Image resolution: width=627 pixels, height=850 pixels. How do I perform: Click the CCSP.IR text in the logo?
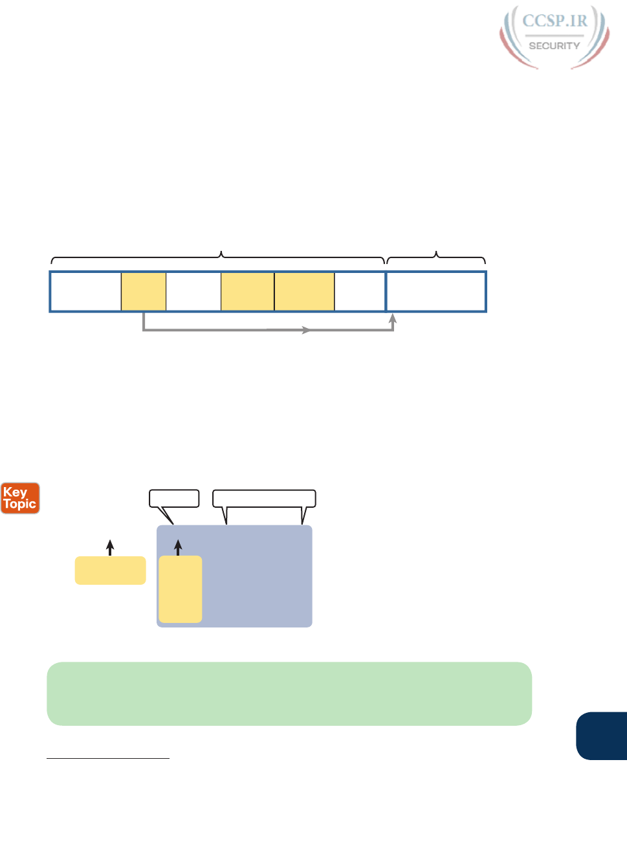[555, 21]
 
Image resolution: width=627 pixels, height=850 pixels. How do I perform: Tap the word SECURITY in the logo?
[555, 46]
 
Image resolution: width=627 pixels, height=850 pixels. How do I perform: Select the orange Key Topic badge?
[20, 498]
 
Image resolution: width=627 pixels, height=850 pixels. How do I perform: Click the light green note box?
[289, 693]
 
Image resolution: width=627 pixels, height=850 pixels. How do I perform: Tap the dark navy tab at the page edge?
[602, 736]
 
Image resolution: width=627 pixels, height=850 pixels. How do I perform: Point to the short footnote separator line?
[108, 757]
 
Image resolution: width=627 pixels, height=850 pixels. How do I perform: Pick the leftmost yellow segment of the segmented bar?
[144, 292]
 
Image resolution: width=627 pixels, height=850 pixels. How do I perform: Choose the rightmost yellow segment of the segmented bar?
[304, 292]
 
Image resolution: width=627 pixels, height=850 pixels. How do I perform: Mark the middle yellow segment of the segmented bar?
[247, 292]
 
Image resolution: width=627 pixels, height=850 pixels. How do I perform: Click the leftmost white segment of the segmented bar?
[86, 292]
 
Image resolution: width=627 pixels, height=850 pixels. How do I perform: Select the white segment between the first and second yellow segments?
[193, 292]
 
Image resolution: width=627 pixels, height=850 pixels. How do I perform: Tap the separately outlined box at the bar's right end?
[436, 292]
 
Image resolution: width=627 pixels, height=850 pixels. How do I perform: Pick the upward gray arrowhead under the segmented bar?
[392, 318]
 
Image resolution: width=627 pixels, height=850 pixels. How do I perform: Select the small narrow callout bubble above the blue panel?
[173, 498]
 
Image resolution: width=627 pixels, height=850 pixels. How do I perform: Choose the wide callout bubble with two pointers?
[264, 498]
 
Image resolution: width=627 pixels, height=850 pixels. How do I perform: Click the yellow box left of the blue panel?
[110, 570]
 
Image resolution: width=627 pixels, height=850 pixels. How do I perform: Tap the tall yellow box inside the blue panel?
[181, 589]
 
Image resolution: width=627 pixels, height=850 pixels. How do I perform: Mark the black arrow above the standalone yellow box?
[111, 547]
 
